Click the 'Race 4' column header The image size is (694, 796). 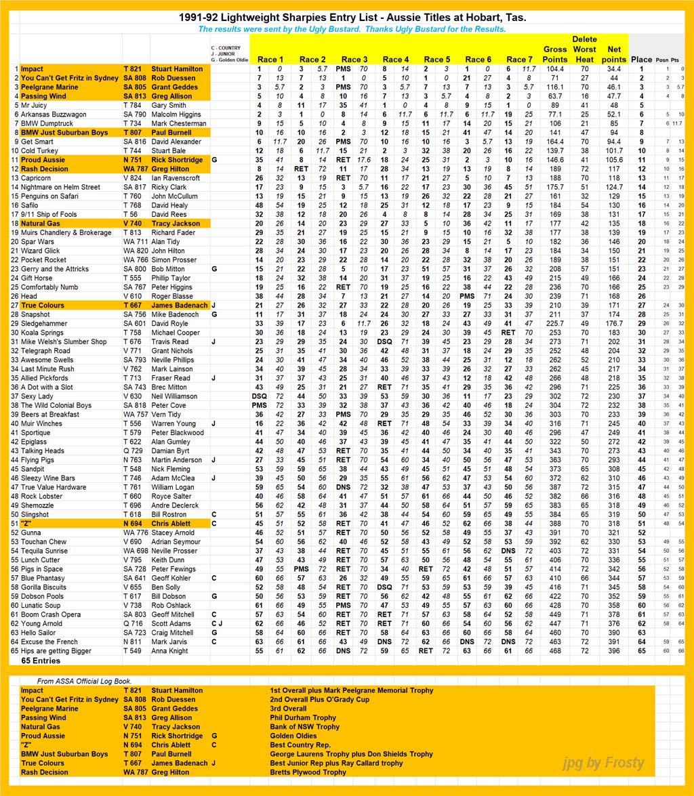(396, 59)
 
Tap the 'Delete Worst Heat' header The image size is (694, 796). (584, 49)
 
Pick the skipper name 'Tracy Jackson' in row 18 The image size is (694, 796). (176, 224)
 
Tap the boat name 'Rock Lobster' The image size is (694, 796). (42, 497)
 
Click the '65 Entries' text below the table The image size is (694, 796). (41, 661)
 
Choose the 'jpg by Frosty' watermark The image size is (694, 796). (603, 763)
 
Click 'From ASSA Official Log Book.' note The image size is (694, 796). (84, 681)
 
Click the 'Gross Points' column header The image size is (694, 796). (555, 54)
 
